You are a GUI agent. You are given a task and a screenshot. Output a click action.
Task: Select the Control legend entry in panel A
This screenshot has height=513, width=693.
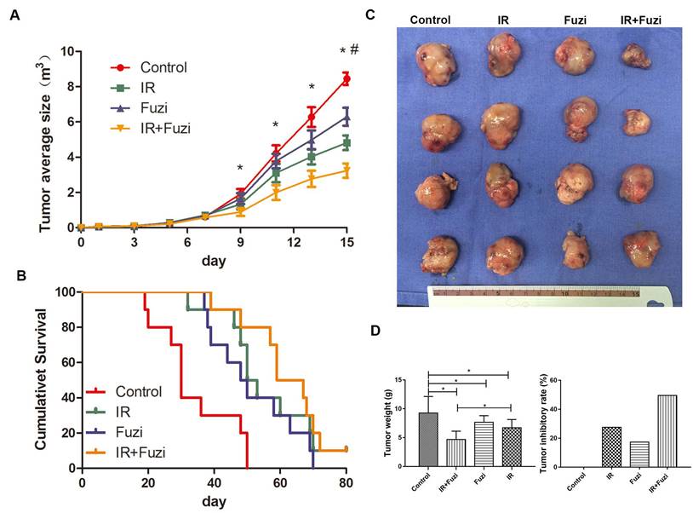click(163, 67)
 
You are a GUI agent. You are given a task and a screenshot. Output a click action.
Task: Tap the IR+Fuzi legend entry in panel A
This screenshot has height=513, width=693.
click(164, 129)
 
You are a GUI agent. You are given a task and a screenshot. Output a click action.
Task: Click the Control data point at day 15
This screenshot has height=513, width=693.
click(346, 79)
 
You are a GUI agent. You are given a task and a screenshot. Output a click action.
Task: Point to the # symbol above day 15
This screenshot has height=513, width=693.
click(354, 50)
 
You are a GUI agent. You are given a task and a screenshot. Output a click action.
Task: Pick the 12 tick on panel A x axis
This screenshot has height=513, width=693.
click(292, 243)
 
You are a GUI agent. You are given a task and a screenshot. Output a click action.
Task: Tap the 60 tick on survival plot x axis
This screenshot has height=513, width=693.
click(280, 483)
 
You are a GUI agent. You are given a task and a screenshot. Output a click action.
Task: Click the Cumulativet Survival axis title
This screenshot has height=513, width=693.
click(41, 379)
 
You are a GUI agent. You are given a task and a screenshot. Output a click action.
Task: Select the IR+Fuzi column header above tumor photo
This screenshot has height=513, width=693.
click(639, 18)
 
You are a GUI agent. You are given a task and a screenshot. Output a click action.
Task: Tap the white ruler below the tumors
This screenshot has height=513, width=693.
click(545, 295)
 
